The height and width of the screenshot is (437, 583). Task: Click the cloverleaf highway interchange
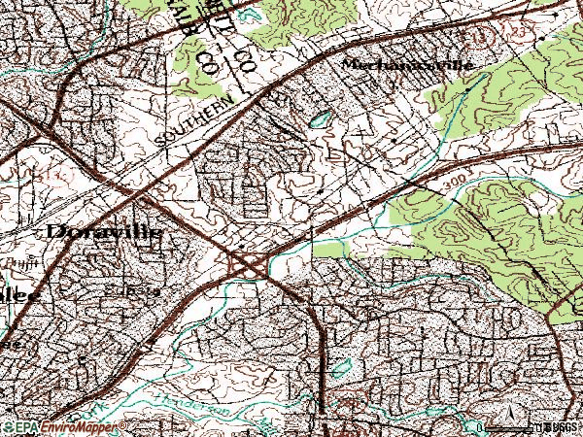[x=250, y=263]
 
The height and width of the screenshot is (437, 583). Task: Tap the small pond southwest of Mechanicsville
[x=319, y=120]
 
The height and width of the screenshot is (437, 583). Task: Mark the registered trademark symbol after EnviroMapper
[x=124, y=424]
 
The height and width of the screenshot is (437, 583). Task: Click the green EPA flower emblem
[x=9, y=427]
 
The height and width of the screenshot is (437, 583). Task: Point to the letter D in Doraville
[x=55, y=233]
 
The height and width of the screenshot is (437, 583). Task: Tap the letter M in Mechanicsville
[x=351, y=65]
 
